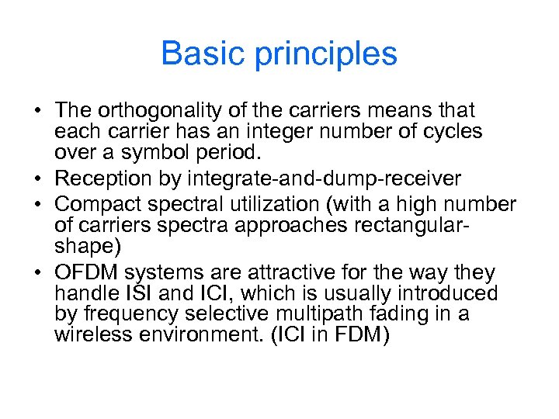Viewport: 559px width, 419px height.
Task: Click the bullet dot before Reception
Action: coord(37,179)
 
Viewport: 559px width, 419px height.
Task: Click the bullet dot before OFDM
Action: coord(37,273)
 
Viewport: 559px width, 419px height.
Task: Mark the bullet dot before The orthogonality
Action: coord(37,112)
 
